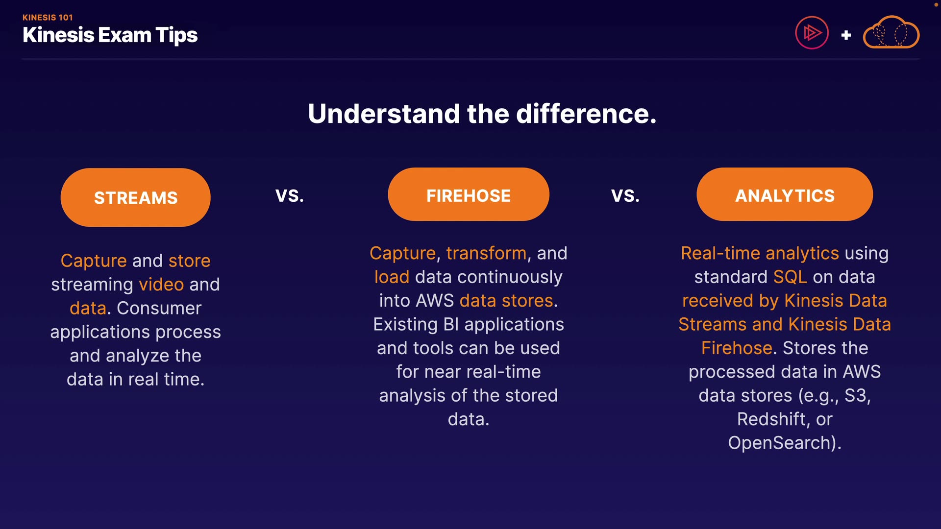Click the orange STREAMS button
(x=136, y=197)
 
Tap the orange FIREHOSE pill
(x=469, y=194)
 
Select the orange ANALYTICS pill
(x=785, y=194)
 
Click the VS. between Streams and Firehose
(x=290, y=196)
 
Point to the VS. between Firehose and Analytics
(x=625, y=196)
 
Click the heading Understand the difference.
(x=482, y=114)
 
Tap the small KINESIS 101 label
(x=48, y=18)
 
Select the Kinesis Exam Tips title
(x=110, y=35)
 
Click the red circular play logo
(x=812, y=33)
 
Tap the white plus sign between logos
(x=846, y=35)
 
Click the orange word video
(x=161, y=285)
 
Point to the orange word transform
(x=486, y=253)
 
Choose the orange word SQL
(x=790, y=277)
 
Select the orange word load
(x=392, y=277)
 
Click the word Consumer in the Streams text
(x=159, y=308)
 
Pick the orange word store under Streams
(x=189, y=261)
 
